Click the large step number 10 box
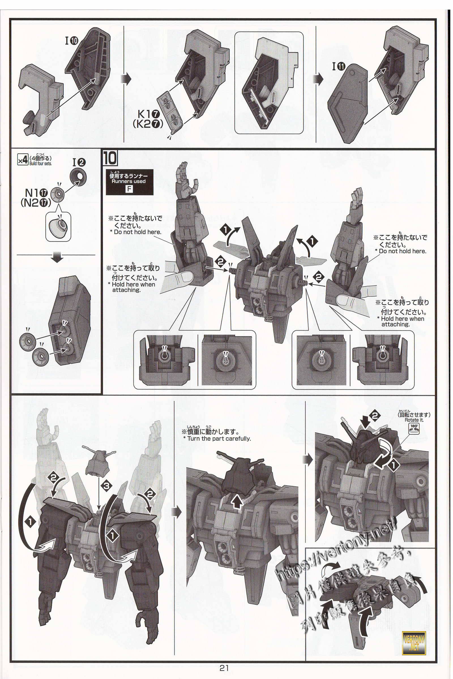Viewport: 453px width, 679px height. (x=110, y=158)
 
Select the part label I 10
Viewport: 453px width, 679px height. (x=72, y=41)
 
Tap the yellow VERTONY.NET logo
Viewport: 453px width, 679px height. (x=414, y=638)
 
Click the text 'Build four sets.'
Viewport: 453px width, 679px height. (x=40, y=164)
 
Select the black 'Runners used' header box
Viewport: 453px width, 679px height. (x=129, y=179)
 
